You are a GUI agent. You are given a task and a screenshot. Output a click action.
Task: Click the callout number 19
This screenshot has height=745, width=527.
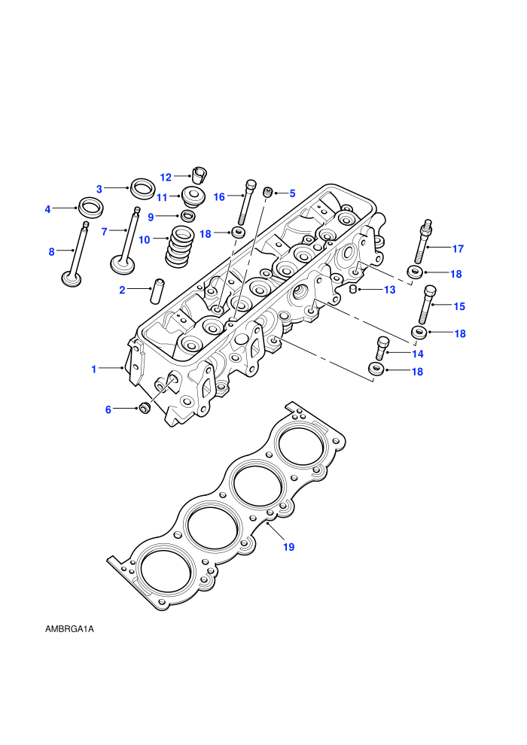(289, 547)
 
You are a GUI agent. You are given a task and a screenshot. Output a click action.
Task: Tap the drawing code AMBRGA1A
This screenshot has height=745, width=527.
(69, 629)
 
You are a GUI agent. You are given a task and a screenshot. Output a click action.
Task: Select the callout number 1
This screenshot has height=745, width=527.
(93, 369)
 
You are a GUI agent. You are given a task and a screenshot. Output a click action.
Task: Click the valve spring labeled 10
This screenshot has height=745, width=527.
(180, 245)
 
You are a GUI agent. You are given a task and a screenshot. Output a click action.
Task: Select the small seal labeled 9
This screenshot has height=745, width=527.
(189, 216)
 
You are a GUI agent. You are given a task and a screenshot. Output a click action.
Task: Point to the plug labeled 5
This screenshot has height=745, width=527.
(268, 193)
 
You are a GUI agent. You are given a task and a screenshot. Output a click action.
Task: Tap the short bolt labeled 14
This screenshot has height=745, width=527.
(382, 348)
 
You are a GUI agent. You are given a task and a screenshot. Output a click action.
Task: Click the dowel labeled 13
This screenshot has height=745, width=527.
(353, 289)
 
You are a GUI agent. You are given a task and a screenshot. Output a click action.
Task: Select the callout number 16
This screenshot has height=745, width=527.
(219, 196)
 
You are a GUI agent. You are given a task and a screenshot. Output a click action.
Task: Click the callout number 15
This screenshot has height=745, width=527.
(459, 306)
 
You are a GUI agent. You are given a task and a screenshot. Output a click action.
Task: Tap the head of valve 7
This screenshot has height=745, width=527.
(122, 265)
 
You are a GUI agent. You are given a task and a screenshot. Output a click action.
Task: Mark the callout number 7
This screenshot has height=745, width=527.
(105, 231)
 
